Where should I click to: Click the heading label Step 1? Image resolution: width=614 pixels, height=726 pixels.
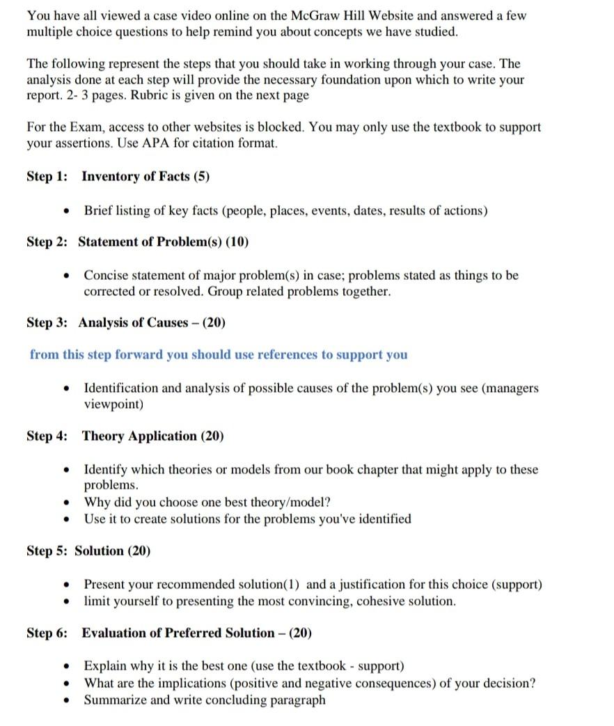coord(47,176)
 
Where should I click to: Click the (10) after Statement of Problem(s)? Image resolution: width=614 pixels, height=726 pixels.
coord(237,242)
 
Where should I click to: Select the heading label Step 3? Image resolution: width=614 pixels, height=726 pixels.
coord(47,322)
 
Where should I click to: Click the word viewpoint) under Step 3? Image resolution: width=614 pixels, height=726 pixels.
coord(113,404)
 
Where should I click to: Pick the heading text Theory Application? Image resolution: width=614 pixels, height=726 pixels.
coord(139,436)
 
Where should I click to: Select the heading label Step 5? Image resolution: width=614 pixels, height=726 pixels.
coord(47,551)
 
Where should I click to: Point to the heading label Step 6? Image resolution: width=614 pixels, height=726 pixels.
coord(47,633)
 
